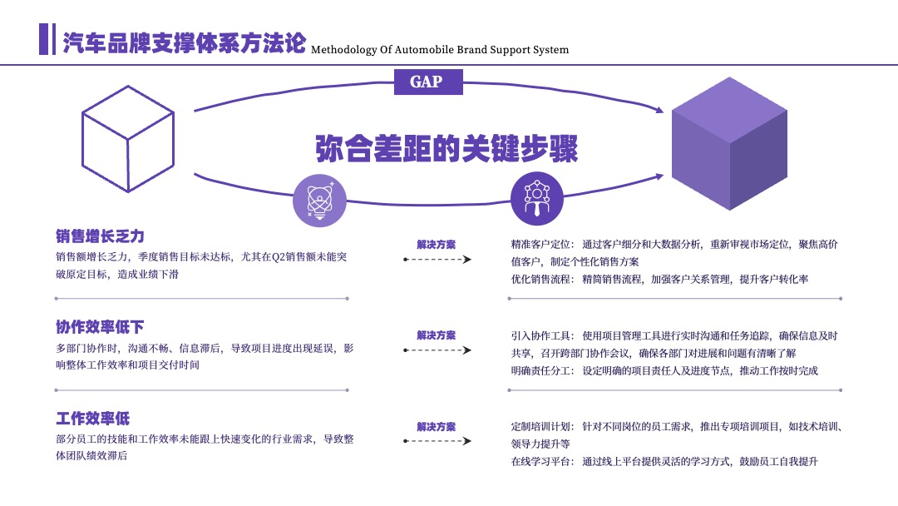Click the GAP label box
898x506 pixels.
click(428, 82)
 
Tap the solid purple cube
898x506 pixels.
click(729, 143)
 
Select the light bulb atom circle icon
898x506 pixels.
click(319, 201)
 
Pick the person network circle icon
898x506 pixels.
click(536, 198)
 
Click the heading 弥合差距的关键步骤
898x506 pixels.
click(447, 149)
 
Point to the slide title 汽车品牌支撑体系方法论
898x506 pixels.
click(184, 43)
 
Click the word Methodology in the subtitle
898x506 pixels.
click(344, 50)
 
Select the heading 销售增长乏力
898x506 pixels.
click(100, 236)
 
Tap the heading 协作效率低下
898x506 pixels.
click(100, 327)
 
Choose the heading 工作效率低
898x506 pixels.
click(93, 419)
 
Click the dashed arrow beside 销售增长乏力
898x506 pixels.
click(437, 260)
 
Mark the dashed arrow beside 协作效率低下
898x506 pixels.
click(437, 350)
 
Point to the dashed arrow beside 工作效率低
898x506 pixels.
click(437, 441)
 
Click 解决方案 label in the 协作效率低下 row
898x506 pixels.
click(437, 335)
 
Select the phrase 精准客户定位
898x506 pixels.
click(540, 245)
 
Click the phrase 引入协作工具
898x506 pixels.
click(540, 335)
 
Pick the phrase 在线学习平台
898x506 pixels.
click(540, 461)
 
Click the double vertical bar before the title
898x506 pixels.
click(47, 39)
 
